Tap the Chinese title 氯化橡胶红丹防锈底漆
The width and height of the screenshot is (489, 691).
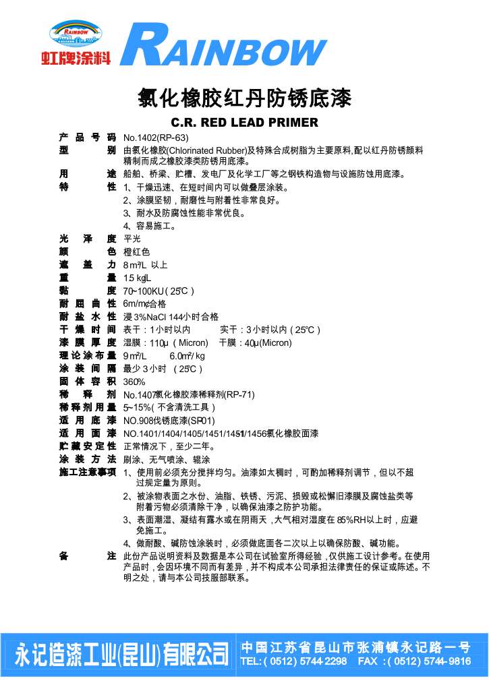(245, 99)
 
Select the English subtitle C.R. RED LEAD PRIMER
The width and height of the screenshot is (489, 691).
(244, 123)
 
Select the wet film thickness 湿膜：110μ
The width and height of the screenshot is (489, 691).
(165, 342)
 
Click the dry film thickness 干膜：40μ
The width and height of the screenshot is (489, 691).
(255, 342)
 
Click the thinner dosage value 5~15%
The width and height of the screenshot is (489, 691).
(169, 407)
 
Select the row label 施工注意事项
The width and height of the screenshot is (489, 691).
(88, 472)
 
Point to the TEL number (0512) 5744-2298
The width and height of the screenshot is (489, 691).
(294, 661)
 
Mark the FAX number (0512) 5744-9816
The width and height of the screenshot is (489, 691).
(415, 661)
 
